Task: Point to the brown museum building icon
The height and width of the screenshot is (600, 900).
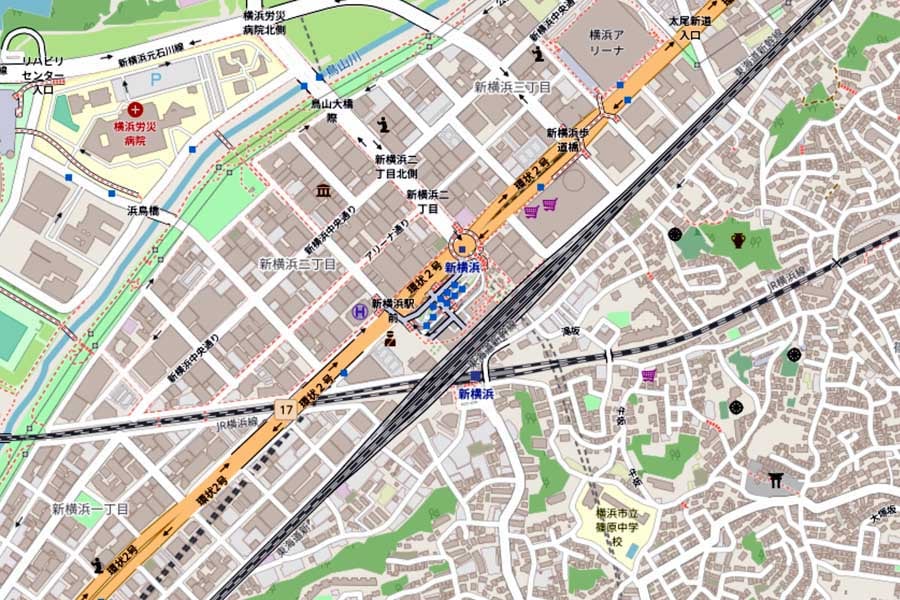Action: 323,191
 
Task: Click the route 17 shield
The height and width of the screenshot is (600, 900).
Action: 285,409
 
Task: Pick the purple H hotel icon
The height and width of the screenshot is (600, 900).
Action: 358,312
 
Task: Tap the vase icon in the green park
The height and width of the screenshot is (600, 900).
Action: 738,239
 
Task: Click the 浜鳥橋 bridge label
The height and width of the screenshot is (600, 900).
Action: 143,211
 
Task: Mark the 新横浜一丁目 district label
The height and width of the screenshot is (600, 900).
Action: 90,509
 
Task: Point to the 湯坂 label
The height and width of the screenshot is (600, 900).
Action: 571,331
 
